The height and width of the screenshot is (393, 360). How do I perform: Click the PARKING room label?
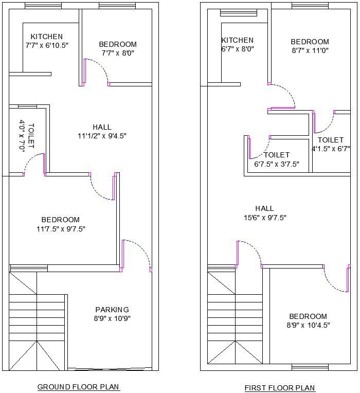[x=112, y=310]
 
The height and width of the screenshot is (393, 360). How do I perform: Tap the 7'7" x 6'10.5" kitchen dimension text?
[x=47, y=45]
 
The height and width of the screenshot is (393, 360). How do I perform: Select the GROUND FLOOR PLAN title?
[x=78, y=387]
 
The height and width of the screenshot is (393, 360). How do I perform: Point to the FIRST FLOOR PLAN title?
[x=280, y=388]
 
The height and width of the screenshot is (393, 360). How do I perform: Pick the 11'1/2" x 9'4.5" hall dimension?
[x=102, y=136]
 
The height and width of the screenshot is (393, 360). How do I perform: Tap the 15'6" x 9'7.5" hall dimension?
[x=265, y=218]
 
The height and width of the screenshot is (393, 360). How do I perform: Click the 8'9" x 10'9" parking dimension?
[x=112, y=318]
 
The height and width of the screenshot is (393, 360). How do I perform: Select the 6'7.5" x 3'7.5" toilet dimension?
[x=277, y=164]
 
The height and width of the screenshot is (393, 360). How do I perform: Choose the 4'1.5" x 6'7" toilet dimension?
[x=331, y=149]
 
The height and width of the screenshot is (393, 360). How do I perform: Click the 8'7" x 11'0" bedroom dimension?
[x=310, y=50]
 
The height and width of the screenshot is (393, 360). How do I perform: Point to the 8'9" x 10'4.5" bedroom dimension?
[x=308, y=325]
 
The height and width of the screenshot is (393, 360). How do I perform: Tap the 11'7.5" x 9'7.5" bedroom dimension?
[x=61, y=229]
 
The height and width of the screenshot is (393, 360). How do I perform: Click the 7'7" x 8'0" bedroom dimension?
[x=118, y=53]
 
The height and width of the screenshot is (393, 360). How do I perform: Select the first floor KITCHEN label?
[x=237, y=40]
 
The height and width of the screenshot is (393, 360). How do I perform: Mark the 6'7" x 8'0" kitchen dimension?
[x=237, y=49]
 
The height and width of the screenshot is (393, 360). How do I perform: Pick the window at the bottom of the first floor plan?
[x=310, y=367]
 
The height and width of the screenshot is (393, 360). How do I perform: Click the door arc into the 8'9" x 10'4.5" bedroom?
[x=331, y=285]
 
